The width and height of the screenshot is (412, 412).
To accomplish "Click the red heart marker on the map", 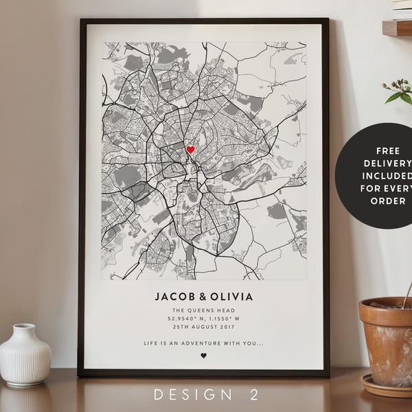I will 190,149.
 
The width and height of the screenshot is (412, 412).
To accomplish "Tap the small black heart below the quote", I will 203,356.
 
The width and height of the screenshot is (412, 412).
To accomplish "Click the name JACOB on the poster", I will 174,297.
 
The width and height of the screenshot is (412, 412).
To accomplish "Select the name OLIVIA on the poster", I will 231,297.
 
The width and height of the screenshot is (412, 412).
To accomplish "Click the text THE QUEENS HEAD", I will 203,310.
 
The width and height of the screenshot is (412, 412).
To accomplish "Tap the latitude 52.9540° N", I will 183,319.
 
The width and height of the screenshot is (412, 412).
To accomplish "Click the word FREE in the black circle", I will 388,150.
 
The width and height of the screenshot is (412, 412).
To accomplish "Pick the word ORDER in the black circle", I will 389,202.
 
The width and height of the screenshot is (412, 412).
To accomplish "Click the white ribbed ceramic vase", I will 25,353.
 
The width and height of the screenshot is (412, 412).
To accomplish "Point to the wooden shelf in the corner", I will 397,27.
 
